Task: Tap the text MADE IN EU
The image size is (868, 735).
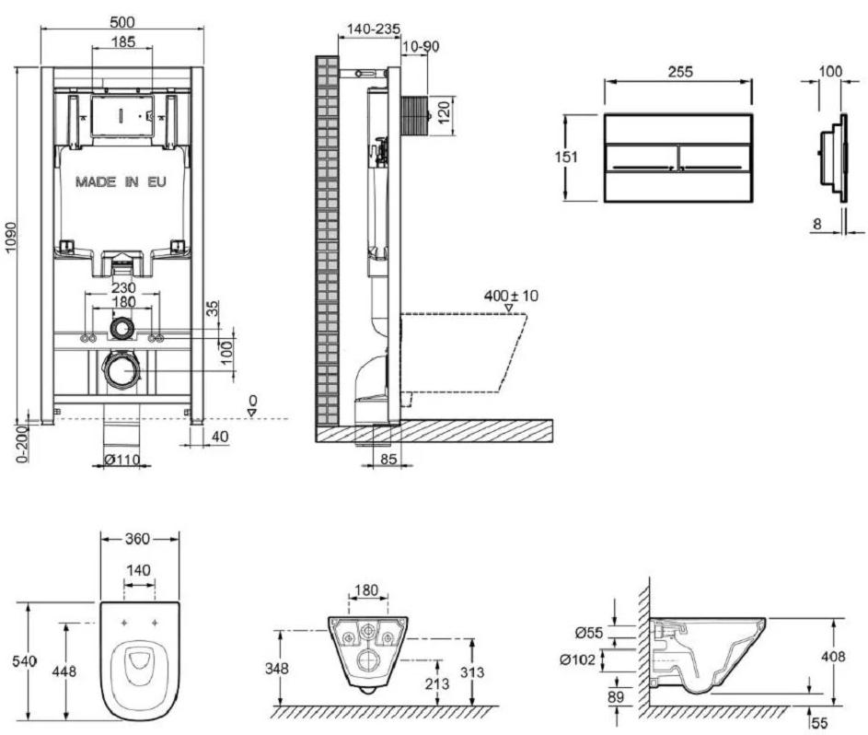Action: click(x=122, y=182)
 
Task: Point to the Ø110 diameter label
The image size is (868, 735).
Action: click(x=120, y=459)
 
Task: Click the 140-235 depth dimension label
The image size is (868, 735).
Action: click(x=369, y=29)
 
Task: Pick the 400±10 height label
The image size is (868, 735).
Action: click(x=511, y=297)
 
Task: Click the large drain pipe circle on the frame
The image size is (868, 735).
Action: click(x=121, y=370)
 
